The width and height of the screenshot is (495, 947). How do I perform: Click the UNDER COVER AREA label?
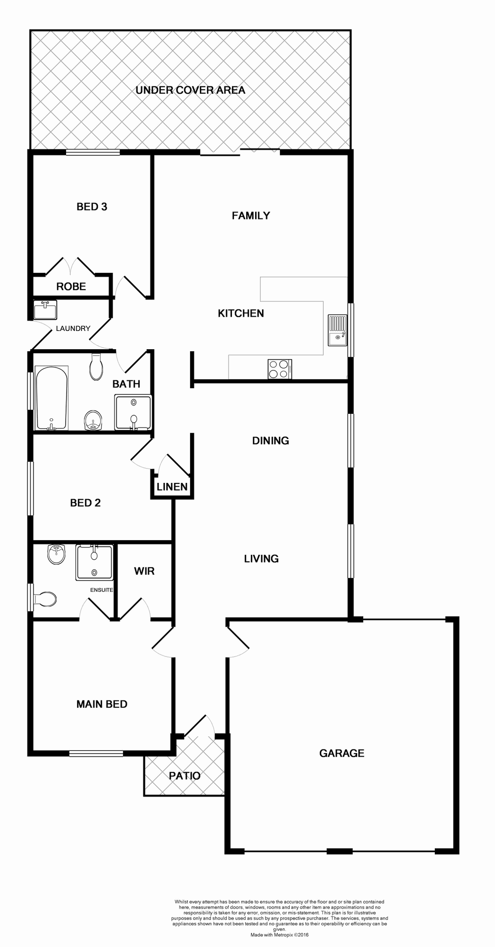pos(190,90)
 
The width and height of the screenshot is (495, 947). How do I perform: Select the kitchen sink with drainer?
pos(338,330)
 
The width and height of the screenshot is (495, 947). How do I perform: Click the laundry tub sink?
pos(45,311)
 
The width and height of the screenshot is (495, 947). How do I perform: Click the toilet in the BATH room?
pos(96,367)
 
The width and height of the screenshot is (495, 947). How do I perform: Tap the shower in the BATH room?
pos(133,412)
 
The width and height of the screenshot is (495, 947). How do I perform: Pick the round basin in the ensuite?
pos(56,554)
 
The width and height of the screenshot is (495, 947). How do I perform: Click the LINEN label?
pos(172,487)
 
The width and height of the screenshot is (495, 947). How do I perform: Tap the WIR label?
pos(144,571)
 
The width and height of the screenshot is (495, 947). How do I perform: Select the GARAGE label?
pos(342,753)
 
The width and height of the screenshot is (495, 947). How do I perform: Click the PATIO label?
pos(185,776)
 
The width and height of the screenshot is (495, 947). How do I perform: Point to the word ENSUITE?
pos(102,590)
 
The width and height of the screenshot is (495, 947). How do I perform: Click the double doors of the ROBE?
pos(71,267)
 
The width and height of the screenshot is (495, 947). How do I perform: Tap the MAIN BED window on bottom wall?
pos(96,753)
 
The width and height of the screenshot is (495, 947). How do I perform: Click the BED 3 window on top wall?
pos(93,153)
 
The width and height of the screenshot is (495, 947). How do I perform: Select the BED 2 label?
pos(85,503)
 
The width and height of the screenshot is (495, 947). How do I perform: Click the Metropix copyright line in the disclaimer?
pos(279,935)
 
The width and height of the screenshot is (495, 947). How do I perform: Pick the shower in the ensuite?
pos(94,562)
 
